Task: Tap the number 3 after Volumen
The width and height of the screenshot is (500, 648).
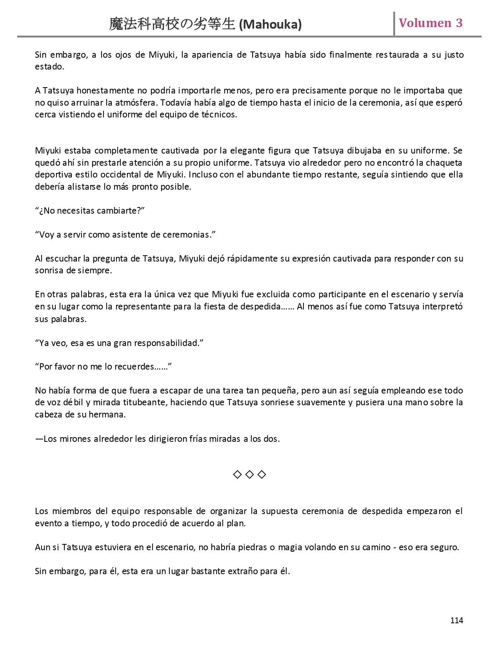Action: point(459,23)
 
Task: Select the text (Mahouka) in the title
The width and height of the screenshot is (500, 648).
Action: point(270,25)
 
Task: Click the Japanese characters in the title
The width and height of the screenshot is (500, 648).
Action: point(173,25)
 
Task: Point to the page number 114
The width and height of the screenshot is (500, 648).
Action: point(456,620)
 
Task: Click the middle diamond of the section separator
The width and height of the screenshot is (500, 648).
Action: point(249,475)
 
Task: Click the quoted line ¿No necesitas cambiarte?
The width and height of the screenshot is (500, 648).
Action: point(90,211)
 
